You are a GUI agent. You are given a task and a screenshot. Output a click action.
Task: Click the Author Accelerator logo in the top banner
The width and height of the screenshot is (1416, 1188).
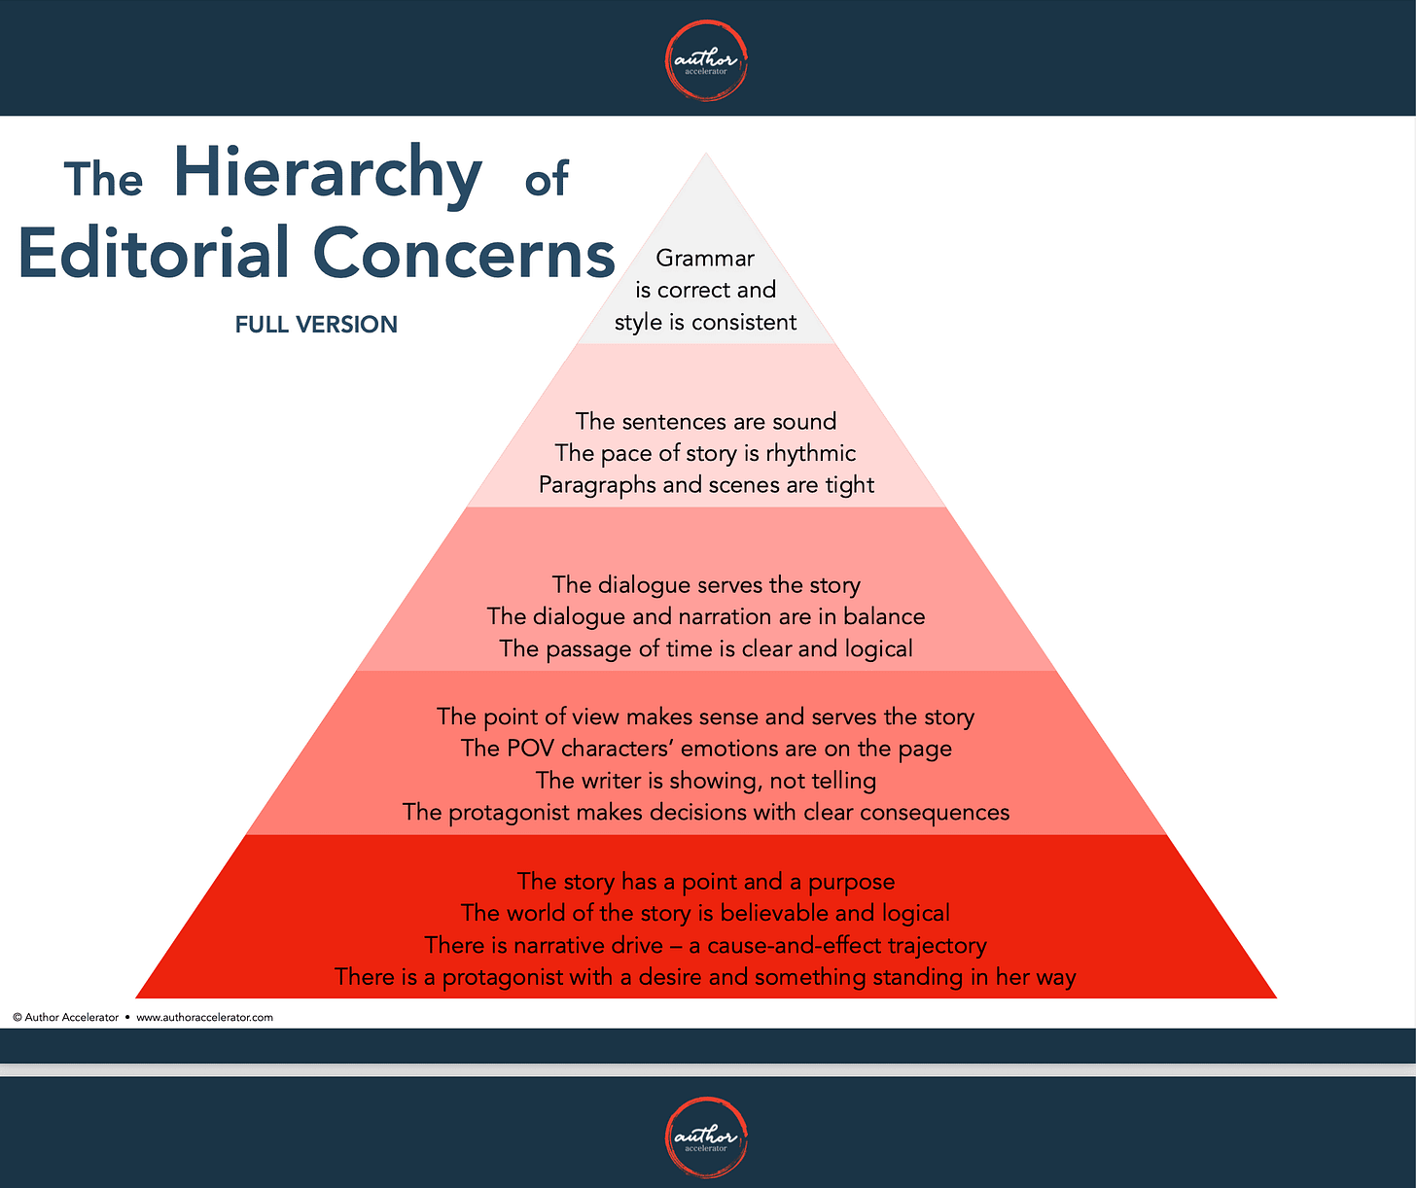tap(706, 61)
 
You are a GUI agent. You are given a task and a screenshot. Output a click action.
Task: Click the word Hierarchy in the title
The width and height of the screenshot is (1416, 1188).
tap(328, 174)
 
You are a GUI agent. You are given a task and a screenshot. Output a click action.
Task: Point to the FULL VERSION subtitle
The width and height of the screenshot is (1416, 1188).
tap(316, 325)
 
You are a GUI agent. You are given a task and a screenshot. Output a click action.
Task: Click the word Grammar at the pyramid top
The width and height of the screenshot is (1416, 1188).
tap(705, 259)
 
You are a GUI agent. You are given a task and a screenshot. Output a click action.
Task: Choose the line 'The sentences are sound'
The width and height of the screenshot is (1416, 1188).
tap(706, 422)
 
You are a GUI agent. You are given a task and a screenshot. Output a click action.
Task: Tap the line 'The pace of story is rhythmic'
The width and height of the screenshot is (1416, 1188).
tap(706, 453)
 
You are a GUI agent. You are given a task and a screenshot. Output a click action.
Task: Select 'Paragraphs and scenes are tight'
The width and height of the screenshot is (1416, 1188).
tap(706, 485)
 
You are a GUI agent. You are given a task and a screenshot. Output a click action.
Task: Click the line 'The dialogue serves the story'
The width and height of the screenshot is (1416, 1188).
tap(706, 585)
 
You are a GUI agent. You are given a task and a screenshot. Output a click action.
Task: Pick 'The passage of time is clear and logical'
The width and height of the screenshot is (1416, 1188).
tap(706, 649)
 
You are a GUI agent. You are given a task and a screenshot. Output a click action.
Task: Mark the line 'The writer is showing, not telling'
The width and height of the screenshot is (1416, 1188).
tap(706, 781)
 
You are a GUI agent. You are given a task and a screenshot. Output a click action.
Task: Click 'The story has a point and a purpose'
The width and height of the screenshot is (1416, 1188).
tap(706, 882)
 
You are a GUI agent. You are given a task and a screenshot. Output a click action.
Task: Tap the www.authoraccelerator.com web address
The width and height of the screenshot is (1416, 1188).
tap(204, 1018)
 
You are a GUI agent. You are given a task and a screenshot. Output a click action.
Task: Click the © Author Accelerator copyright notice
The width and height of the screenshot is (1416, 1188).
tap(66, 1018)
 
